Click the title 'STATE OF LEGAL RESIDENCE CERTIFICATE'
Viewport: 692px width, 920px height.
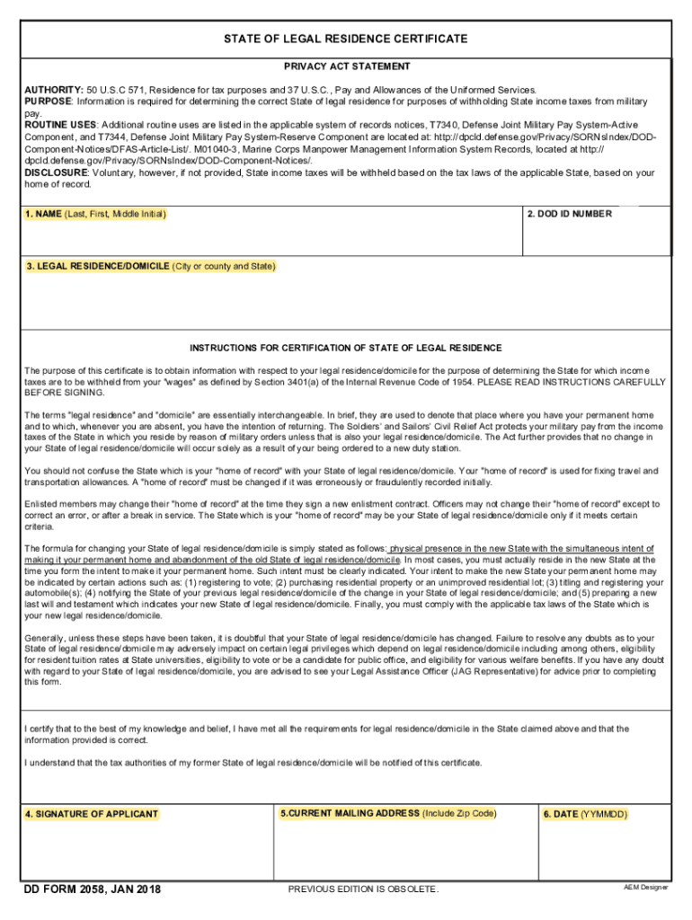[x=346, y=40]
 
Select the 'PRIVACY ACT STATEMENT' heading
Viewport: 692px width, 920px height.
[x=347, y=66]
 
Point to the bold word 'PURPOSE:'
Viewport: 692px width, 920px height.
[x=49, y=102]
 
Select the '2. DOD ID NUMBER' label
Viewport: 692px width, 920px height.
[x=570, y=214]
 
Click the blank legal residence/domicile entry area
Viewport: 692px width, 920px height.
[x=346, y=301]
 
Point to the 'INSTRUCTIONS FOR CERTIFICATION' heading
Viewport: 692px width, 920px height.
[x=346, y=348]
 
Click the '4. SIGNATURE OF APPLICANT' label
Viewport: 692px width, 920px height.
[x=92, y=814]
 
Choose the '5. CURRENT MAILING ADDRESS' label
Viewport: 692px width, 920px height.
[x=387, y=813]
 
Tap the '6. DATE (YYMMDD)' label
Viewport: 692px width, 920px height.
[x=585, y=814]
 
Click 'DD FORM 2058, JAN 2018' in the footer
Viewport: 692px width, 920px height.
[x=92, y=889]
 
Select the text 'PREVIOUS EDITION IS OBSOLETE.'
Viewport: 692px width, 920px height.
[x=363, y=889]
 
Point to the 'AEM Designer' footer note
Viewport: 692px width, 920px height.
[x=646, y=888]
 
